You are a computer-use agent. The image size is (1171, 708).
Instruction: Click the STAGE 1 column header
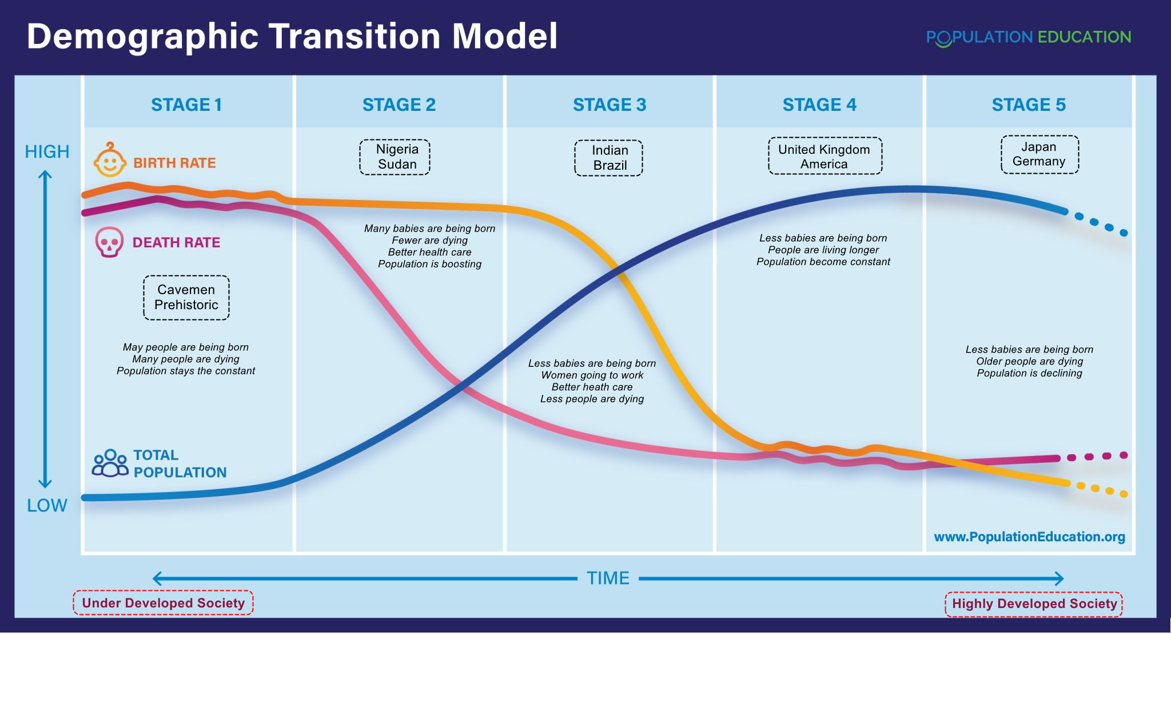pos(186,105)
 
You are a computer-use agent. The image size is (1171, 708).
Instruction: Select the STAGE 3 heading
pos(610,105)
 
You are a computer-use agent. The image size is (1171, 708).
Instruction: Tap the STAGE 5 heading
pos(1029,105)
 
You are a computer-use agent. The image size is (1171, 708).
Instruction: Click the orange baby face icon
pos(110,160)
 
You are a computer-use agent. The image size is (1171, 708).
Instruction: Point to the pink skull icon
pos(109,242)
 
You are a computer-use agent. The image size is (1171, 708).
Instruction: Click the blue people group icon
pos(110,463)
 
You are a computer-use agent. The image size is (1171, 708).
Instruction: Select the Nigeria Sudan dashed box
pos(395,157)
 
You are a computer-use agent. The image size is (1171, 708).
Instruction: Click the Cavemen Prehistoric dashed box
pos(186,297)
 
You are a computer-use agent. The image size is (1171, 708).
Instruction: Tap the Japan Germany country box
pos(1039,154)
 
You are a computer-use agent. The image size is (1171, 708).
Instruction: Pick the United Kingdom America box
pos(825,156)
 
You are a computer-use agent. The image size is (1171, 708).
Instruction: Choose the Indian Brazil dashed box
pos(609,158)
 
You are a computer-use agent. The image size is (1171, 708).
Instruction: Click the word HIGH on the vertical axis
pos(47,151)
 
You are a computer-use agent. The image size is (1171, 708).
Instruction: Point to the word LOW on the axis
pos(47,505)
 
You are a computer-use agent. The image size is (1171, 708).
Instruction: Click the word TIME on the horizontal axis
pos(608,578)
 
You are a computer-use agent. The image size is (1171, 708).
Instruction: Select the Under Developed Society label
pos(163,603)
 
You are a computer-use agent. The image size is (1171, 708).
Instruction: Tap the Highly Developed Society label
pos(1034,604)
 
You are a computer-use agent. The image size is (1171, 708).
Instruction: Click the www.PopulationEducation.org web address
pos(1029,537)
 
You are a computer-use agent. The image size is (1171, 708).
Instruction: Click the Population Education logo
pos(1029,38)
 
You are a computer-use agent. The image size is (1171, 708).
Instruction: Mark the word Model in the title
pos(505,36)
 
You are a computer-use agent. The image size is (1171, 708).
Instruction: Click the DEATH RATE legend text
pos(176,242)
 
